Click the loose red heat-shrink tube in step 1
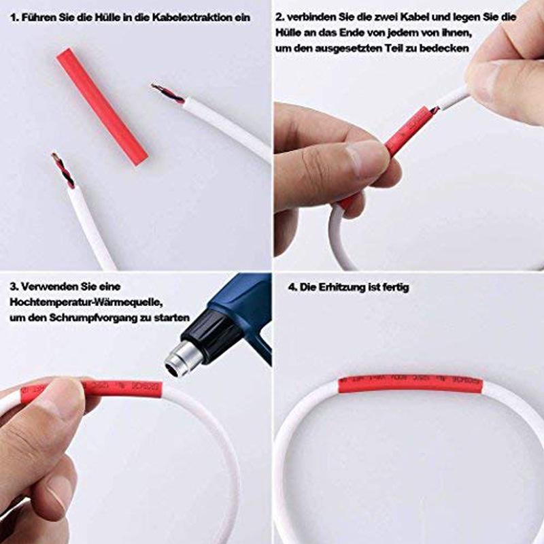[x=102, y=106]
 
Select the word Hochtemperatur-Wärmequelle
[x=87, y=301]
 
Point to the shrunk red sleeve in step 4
[x=411, y=384]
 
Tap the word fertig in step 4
[x=395, y=288]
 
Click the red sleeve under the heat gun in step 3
[x=122, y=389]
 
